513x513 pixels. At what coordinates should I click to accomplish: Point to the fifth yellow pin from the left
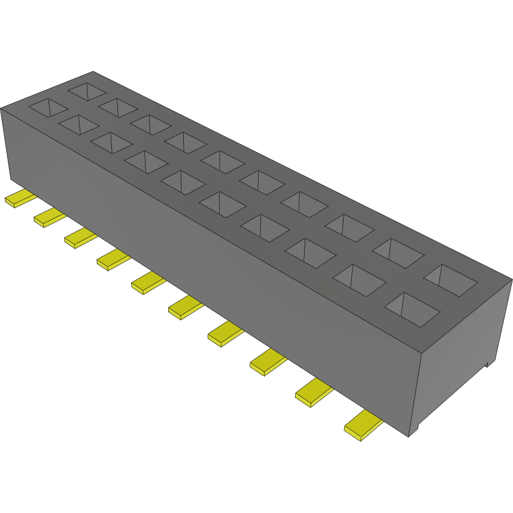[x=147, y=282]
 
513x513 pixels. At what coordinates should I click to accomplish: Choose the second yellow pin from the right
[x=314, y=392]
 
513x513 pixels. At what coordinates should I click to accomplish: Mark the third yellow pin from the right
[x=267, y=361]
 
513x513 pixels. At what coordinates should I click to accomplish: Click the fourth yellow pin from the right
[x=225, y=333]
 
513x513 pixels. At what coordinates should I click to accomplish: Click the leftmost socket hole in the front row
[x=48, y=107]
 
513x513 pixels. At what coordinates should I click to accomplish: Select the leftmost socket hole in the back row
[x=87, y=91]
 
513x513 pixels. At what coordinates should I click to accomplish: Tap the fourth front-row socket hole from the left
[x=146, y=162]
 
